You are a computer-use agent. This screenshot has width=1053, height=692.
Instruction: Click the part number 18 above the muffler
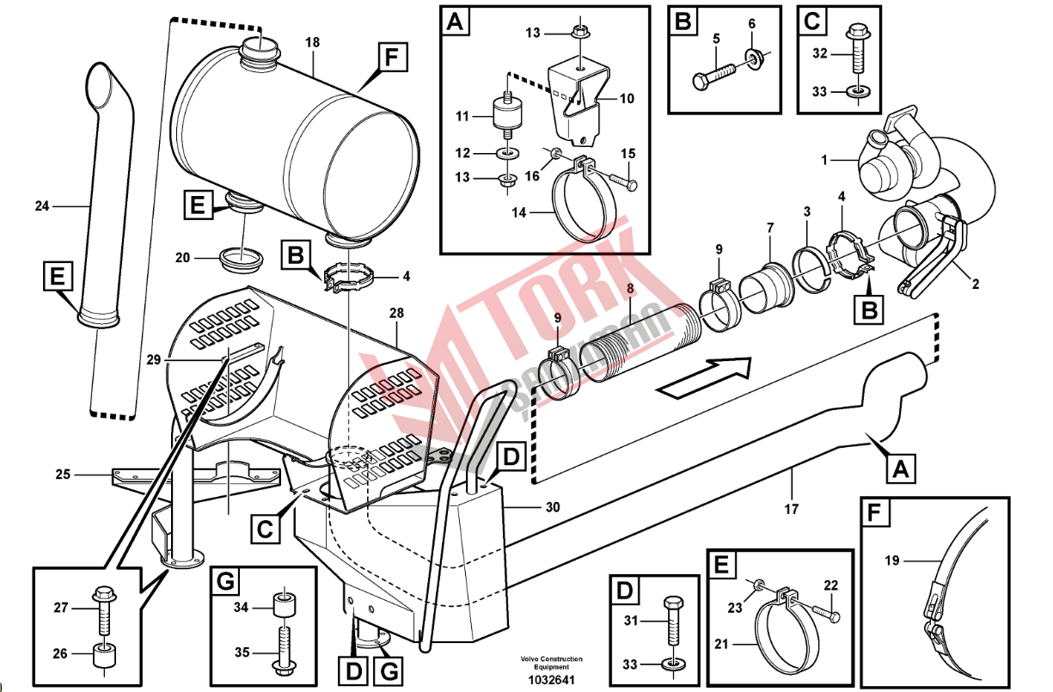click(x=312, y=42)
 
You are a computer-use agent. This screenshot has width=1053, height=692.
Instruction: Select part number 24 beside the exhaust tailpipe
click(x=43, y=206)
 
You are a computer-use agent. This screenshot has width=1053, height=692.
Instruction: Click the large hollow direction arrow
click(x=703, y=377)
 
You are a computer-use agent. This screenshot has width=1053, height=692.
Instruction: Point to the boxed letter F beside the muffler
click(x=391, y=59)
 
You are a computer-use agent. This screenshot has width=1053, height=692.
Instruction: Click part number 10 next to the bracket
click(x=627, y=99)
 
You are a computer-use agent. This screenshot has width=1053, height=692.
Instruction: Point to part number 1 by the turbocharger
click(x=824, y=160)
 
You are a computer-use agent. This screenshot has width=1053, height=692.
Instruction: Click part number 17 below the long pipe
click(x=792, y=509)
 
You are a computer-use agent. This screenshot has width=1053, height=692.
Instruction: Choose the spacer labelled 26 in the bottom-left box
click(x=105, y=658)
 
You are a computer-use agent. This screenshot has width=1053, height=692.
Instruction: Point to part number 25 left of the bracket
click(x=62, y=474)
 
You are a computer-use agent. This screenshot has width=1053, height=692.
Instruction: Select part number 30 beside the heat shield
click(x=553, y=507)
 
